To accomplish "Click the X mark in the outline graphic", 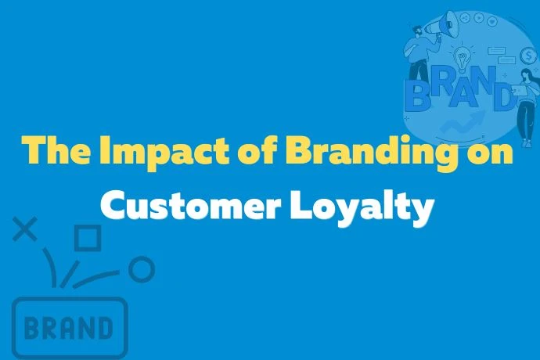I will coord(26,229).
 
